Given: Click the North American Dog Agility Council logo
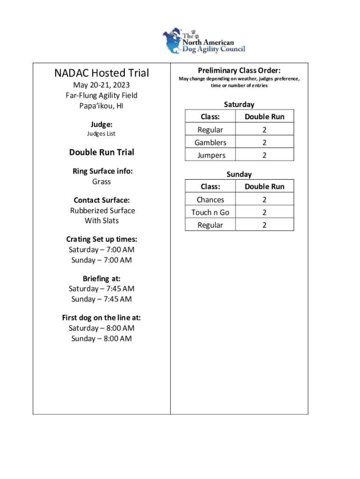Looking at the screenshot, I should (204, 41).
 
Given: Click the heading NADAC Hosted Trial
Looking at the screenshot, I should (101, 73).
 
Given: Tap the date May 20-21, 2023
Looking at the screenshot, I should (101, 85).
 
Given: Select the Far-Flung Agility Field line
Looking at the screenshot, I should (101, 95).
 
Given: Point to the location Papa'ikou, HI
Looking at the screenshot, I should (101, 106).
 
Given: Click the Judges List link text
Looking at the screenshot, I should (101, 134).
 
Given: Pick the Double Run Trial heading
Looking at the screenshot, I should (101, 152).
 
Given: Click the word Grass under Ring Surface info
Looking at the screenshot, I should (101, 181).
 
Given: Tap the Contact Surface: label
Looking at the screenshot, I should (101, 200).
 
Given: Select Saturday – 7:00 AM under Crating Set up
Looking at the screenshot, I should (101, 250).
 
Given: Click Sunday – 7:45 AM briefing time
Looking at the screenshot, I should (101, 299).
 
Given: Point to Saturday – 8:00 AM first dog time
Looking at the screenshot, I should (101, 328).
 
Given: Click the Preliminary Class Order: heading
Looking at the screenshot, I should (239, 70).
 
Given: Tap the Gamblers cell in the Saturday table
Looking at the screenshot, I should (210, 143).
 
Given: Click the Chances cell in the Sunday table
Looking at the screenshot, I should (210, 200).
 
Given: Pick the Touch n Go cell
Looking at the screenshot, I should (210, 212).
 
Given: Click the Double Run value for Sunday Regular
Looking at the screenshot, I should (264, 225).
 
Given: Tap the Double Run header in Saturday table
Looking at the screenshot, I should (264, 116).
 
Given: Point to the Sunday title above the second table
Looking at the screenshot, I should (239, 174).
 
